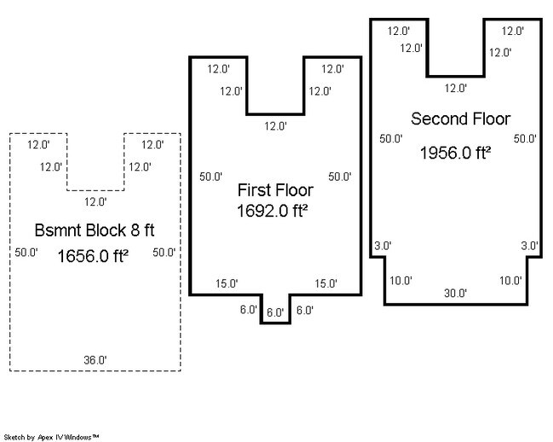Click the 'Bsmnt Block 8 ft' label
point(94,230)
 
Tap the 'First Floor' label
point(274,189)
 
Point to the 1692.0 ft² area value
point(272,210)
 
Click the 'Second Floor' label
point(460,118)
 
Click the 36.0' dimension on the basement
point(95,360)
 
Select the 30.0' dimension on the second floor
point(456,293)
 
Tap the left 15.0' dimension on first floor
point(227,283)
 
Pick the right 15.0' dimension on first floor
point(326,283)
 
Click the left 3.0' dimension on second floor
point(383,246)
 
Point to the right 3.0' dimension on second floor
point(529,246)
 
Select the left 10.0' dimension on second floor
point(401,280)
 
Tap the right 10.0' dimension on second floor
point(510,280)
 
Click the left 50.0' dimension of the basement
point(27,253)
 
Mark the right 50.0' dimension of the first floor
point(340,177)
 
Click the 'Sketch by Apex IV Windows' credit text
point(51,436)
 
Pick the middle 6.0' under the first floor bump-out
point(275,313)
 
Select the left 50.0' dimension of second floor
point(391,138)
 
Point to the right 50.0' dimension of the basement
point(164,253)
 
